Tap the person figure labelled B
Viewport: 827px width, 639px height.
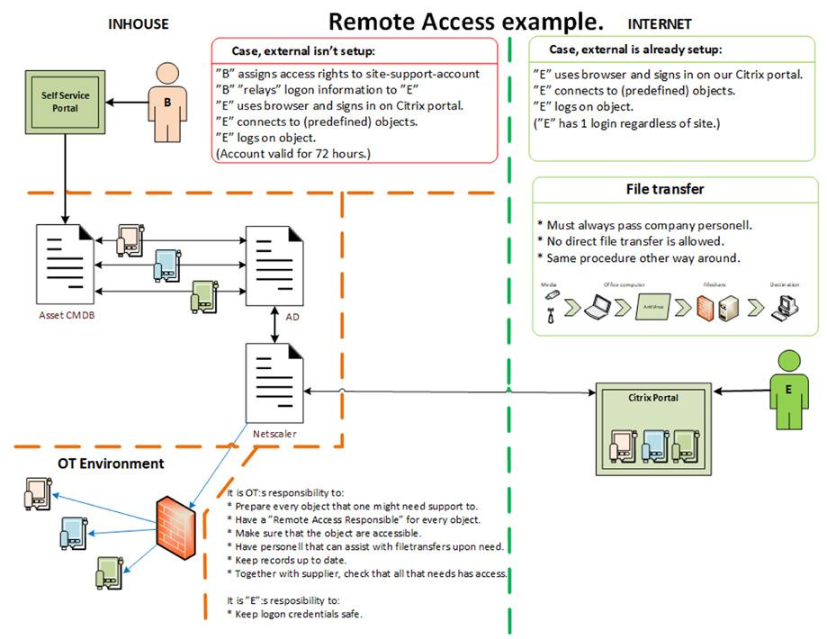[166, 103]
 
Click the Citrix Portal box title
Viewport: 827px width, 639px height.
[652, 397]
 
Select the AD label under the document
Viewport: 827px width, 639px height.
[292, 318]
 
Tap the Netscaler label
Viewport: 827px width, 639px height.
[274, 433]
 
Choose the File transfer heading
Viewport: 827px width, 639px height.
[665, 189]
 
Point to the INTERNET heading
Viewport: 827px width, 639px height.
[660, 24]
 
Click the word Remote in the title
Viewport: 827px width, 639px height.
[366, 21]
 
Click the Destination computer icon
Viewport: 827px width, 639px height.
[784, 308]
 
